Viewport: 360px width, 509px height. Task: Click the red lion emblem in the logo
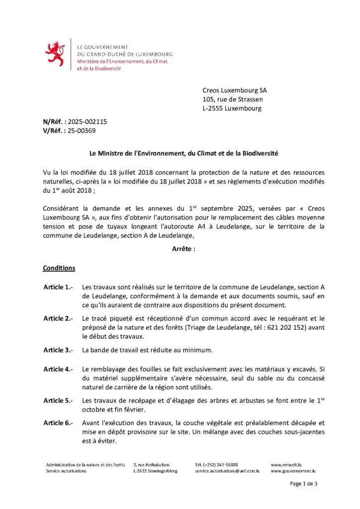[55, 54]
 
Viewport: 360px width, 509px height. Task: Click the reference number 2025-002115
[88, 121]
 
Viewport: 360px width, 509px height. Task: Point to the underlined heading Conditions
[59, 268]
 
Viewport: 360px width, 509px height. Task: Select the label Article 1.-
[58, 287]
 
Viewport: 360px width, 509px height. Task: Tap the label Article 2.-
[58, 318]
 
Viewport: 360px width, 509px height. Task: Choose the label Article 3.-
[58, 350]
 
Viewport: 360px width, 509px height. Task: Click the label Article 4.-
[58, 369]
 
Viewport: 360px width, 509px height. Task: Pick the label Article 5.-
[58, 401]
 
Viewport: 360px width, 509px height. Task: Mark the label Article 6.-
[58, 423]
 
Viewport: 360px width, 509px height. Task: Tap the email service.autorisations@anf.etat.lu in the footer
[227, 471]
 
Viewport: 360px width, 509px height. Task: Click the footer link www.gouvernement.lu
[293, 471]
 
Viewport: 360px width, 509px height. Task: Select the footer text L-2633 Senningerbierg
[155, 471]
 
